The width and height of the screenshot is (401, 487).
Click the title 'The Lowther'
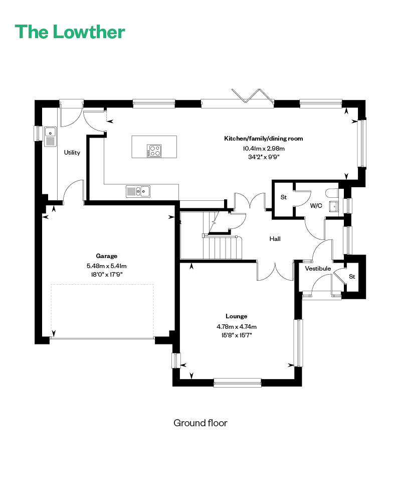click(70, 32)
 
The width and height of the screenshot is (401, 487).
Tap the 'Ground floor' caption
click(200, 423)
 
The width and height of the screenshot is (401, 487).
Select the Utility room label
click(72, 153)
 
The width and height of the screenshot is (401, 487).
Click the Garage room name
click(106, 256)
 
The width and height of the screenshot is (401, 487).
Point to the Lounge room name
click(236, 316)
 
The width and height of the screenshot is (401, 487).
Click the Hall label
click(275, 238)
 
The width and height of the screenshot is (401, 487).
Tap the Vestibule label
click(318, 268)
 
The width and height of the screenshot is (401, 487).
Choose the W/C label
click(316, 206)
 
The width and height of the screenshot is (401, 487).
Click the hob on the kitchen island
click(154, 151)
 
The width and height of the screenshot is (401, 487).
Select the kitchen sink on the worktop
click(138, 191)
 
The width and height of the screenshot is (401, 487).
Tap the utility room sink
click(50, 137)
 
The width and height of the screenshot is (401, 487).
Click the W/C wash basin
click(334, 206)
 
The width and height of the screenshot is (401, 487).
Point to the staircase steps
click(223, 248)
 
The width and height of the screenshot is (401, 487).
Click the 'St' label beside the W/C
click(284, 197)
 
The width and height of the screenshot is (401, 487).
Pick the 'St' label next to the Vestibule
click(352, 277)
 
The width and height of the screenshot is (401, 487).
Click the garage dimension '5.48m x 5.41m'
click(106, 266)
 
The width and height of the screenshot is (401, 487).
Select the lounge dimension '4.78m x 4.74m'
click(236, 326)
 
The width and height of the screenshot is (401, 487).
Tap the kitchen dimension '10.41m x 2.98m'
click(264, 149)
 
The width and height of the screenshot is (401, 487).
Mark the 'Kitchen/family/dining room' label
click(263, 139)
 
